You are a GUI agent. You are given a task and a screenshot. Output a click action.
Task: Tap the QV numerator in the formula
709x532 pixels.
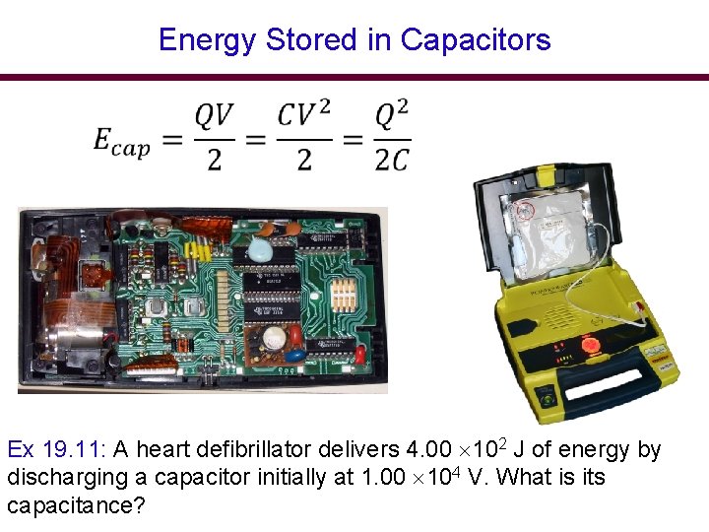click(214, 116)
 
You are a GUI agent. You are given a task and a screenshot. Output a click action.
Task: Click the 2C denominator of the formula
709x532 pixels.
click(391, 160)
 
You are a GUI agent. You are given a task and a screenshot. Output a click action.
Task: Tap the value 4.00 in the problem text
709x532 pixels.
click(430, 450)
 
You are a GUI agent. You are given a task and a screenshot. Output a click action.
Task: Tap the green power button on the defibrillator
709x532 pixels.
click(545, 402)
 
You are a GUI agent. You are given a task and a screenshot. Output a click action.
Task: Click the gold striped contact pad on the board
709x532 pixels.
click(344, 295)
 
